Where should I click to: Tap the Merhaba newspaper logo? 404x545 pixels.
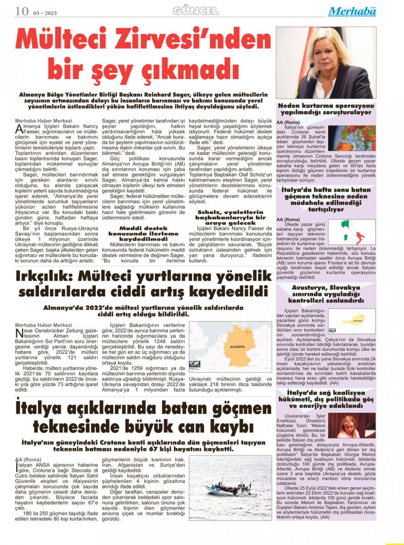point(352,11)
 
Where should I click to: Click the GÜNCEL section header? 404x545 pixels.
point(195,11)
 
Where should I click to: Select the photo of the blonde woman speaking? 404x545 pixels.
point(326,62)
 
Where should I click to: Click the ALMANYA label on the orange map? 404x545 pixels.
point(237,347)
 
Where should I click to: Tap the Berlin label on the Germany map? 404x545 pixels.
point(249,333)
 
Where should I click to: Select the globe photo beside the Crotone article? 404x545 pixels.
point(352,138)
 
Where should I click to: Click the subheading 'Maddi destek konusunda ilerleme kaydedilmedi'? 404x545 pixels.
point(143,233)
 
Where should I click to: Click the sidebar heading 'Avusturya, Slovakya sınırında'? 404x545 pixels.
point(326,294)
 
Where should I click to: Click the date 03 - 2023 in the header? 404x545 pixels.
point(45,13)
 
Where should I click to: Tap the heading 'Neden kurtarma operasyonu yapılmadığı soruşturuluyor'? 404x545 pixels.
point(326,109)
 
